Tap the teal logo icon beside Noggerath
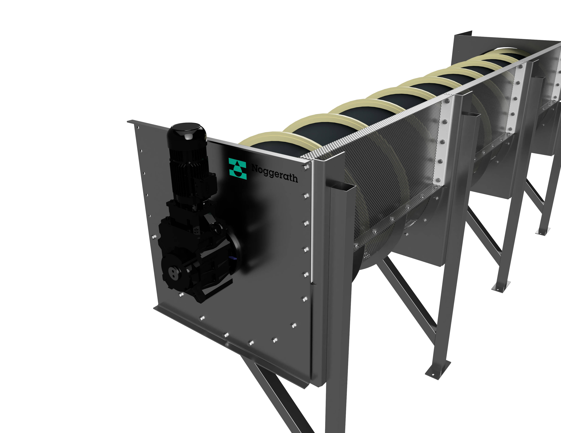(237, 169)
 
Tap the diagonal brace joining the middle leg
(483, 231)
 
